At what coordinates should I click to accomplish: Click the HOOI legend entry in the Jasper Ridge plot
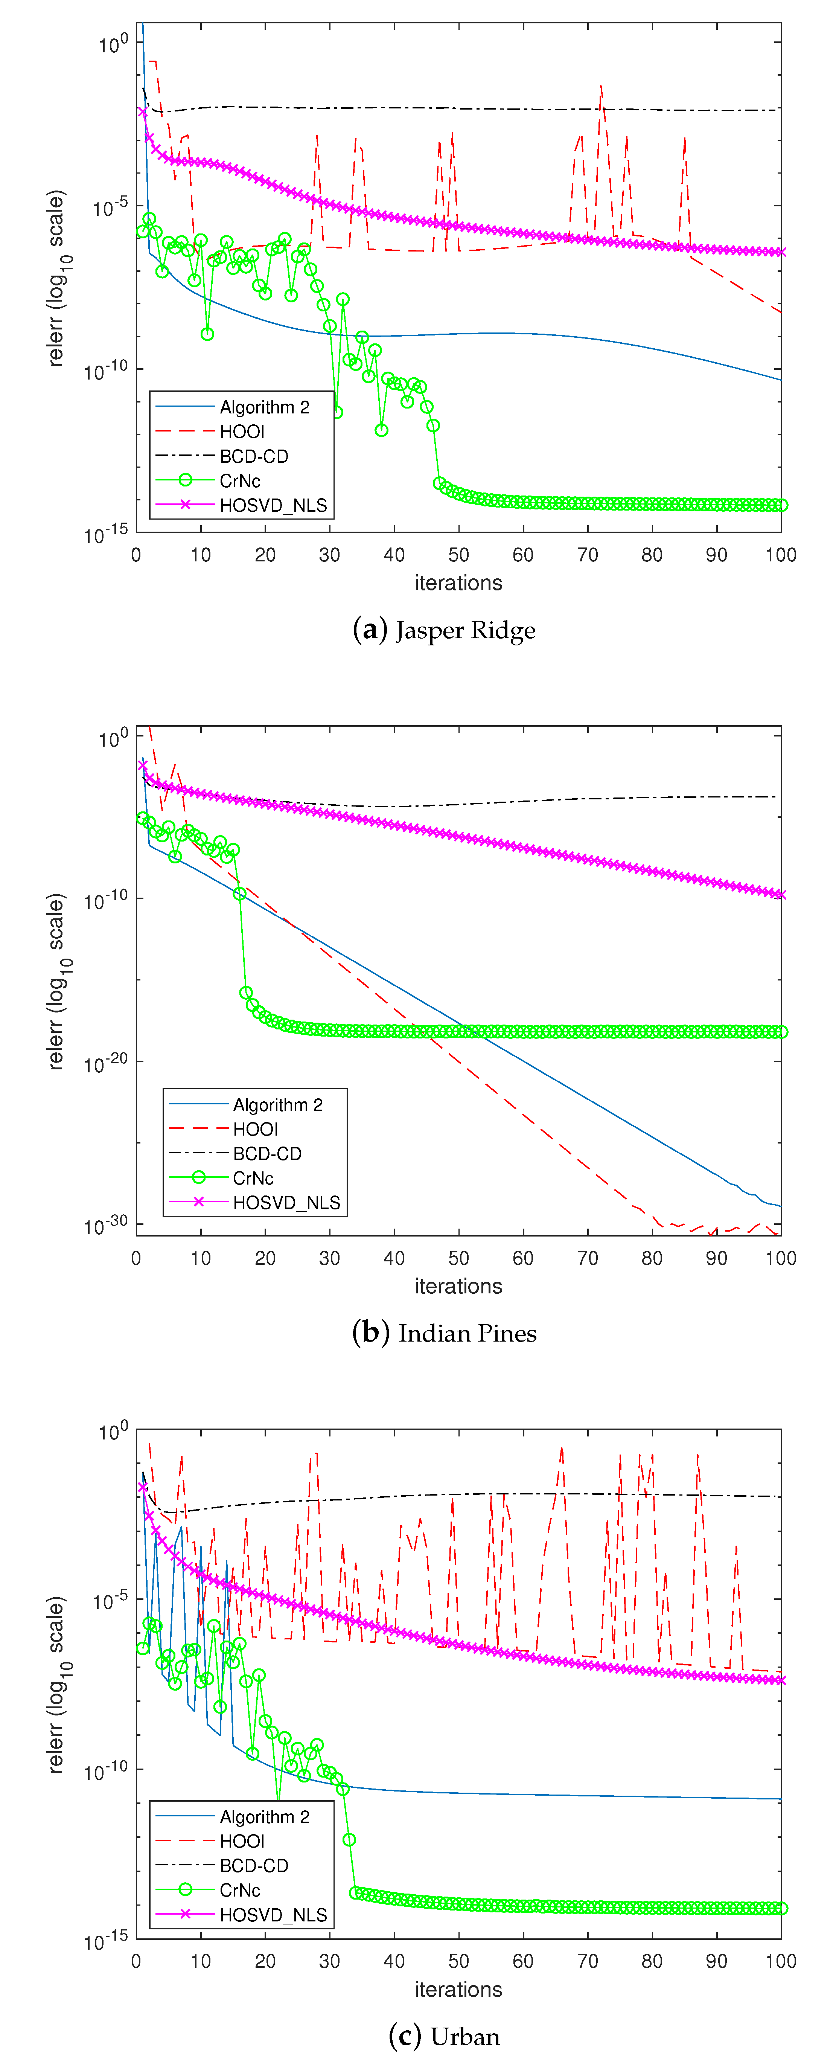(242, 432)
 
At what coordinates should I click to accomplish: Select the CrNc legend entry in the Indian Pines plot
(253, 1178)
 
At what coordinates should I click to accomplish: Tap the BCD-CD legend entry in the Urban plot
(254, 1865)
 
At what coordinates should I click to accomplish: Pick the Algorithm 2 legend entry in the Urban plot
(264, 1816)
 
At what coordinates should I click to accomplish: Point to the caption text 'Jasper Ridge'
(465, 630)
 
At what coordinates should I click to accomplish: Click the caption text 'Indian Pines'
(467, 1333)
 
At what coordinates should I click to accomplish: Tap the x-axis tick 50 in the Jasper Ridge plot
(459, 555)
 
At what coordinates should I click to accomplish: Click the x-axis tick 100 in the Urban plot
(781, 1961)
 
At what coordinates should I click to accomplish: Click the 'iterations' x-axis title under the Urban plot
(458, 1989)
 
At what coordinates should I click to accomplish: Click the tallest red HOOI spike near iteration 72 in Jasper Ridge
(601, 86)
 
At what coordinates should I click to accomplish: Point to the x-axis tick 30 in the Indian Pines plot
(329, 1258)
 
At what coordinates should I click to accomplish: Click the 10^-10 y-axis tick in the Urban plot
(106, 1771)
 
